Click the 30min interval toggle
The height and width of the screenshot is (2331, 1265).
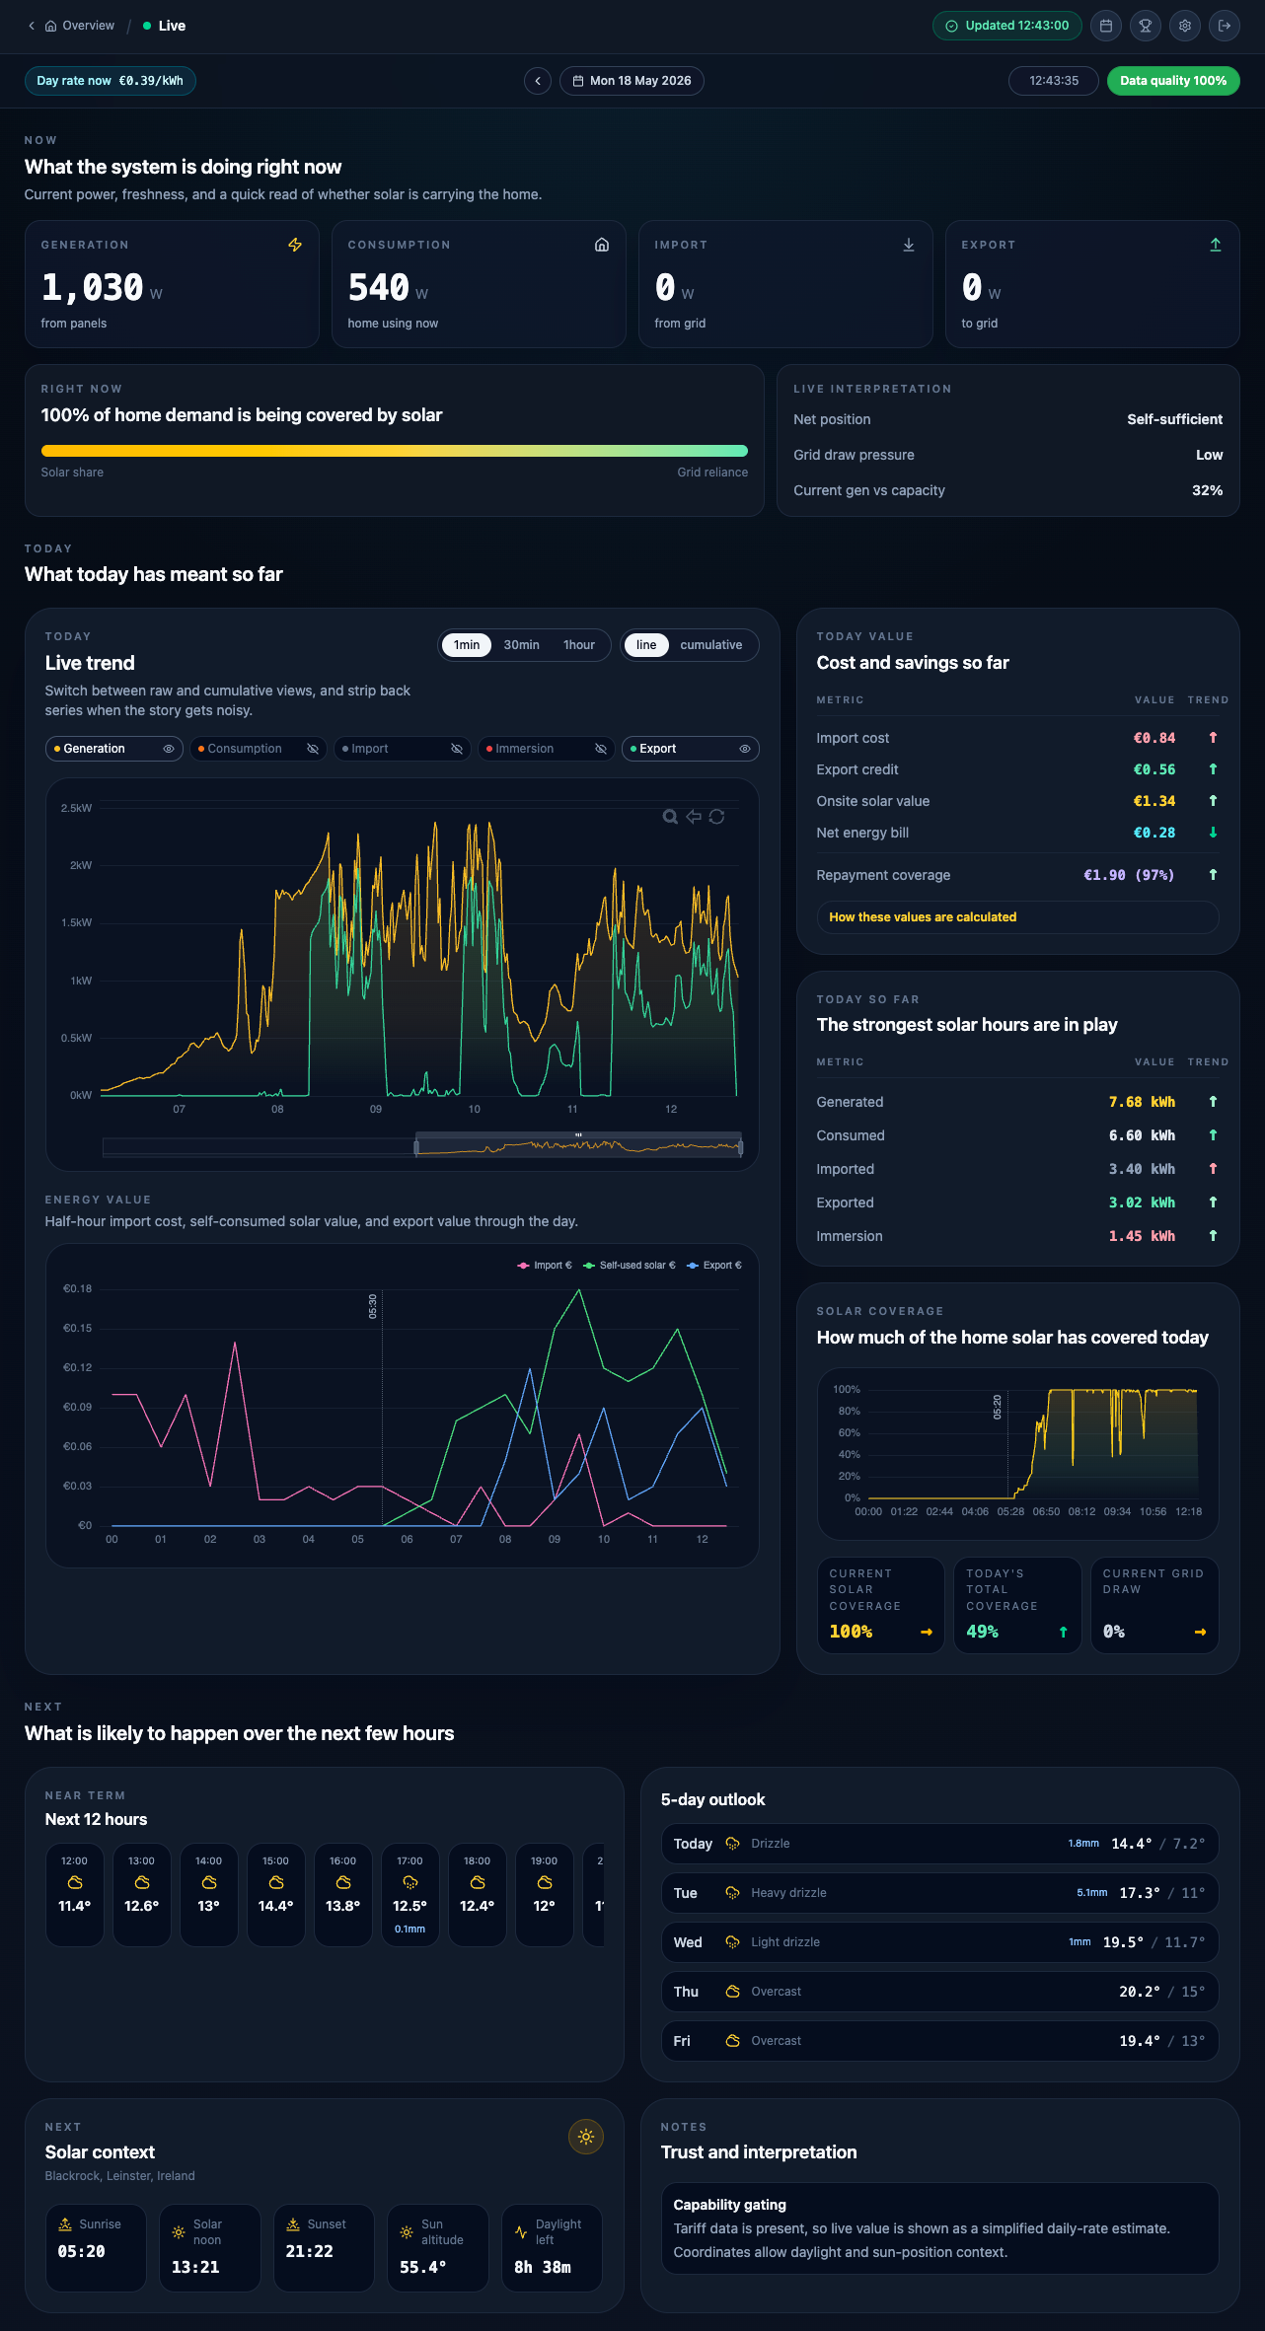tap(521, 645)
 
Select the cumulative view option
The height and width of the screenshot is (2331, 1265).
tap(710, 645)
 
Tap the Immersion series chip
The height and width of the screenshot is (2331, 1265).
tap(547, 749)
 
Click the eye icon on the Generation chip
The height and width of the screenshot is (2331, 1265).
tap(169, 749)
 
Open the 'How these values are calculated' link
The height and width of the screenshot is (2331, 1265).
tap(923, 917)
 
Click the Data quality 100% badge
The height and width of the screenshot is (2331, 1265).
tap(1173, 81)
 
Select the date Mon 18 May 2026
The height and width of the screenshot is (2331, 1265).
tap(632, 81)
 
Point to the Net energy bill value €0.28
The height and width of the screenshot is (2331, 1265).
tap(1154, 833)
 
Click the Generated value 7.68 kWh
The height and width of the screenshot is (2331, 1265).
tap(1142, 1102)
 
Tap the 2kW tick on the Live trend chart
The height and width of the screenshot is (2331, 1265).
tap(81, 865)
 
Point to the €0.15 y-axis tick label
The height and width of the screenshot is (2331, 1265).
tap(78, 1328)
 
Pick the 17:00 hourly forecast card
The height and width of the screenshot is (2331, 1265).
tap(410, 1895)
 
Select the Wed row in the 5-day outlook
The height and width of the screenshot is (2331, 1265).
tap(939, 1942)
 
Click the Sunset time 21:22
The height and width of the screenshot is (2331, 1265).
tap(309, 2251)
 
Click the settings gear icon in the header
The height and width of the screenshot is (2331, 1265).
tap(1185, 26)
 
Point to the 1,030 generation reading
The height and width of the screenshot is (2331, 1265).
tap(93, 287)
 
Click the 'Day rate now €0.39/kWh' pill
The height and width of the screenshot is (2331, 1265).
tap(111, 81)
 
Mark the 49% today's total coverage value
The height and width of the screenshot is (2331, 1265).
tap(983, 1632)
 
